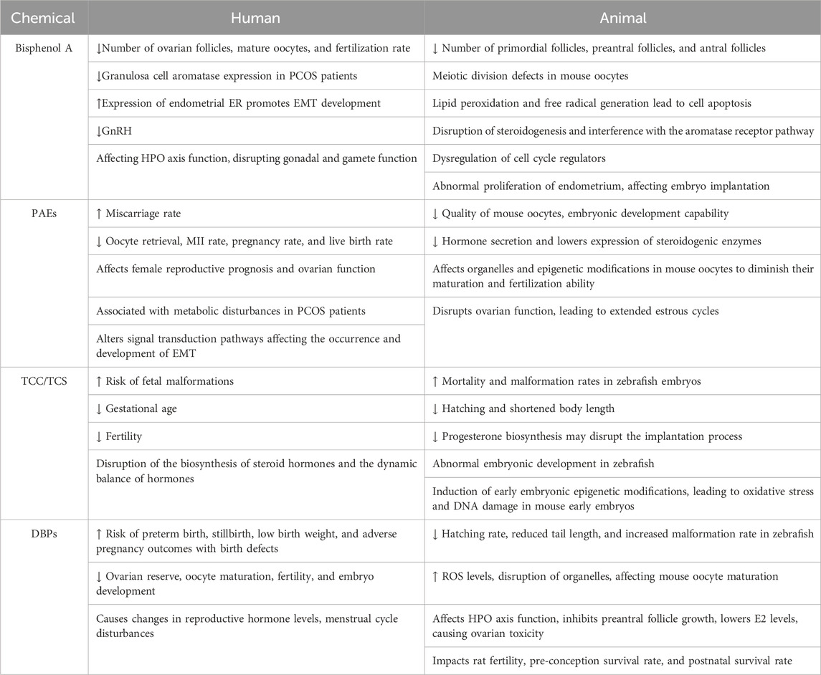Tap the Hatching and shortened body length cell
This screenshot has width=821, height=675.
[531, 408]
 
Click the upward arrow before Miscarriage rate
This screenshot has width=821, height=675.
[100, 214]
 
